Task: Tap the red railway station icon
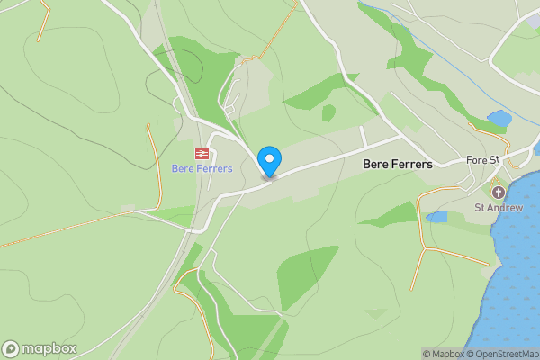click(202, 154)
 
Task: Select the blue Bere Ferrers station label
click(202, 168)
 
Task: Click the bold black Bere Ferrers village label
click(397, 165)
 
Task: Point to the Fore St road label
click(482, 160)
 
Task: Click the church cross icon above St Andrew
click(497, 192)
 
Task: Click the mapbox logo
click(40, 348)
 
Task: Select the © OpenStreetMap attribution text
click(499, 354)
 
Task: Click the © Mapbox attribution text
click(442, 354)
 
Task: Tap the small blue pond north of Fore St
click(499, 118)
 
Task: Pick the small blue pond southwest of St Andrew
click(436, 217)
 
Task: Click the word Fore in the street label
click(476, 160)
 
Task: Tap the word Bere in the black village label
click(375, 165)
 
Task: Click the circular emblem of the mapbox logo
click(11, 348)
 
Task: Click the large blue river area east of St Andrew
click(517, 270)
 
